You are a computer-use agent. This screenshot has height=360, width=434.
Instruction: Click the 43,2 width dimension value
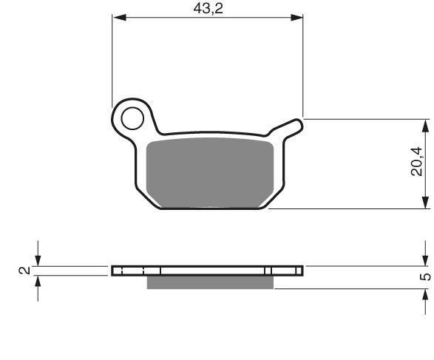point(208,8)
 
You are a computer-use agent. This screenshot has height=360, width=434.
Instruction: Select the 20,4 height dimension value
point(418,163)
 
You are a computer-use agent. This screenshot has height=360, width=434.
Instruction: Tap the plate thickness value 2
point(24,270)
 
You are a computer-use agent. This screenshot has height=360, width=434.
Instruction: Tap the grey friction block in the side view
point(210,282)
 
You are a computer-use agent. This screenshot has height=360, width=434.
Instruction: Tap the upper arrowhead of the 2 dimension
point(38,259)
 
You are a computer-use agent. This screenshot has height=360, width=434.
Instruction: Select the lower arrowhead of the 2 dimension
point(38,282)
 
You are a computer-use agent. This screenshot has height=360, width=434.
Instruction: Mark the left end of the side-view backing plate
point(114,271)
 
